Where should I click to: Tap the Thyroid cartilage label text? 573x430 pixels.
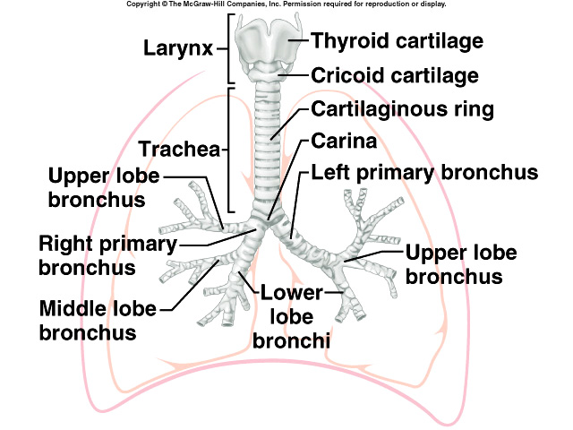click(397, 41)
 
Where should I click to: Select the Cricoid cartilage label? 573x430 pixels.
click(395, 75)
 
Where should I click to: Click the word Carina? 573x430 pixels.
click(345, 142)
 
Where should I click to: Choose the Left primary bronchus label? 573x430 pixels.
click(423, 171)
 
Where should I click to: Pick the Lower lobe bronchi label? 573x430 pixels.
click(293, 316)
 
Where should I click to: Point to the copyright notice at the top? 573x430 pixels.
click(286, 4)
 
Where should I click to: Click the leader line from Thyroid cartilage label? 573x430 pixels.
click(295, 40)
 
